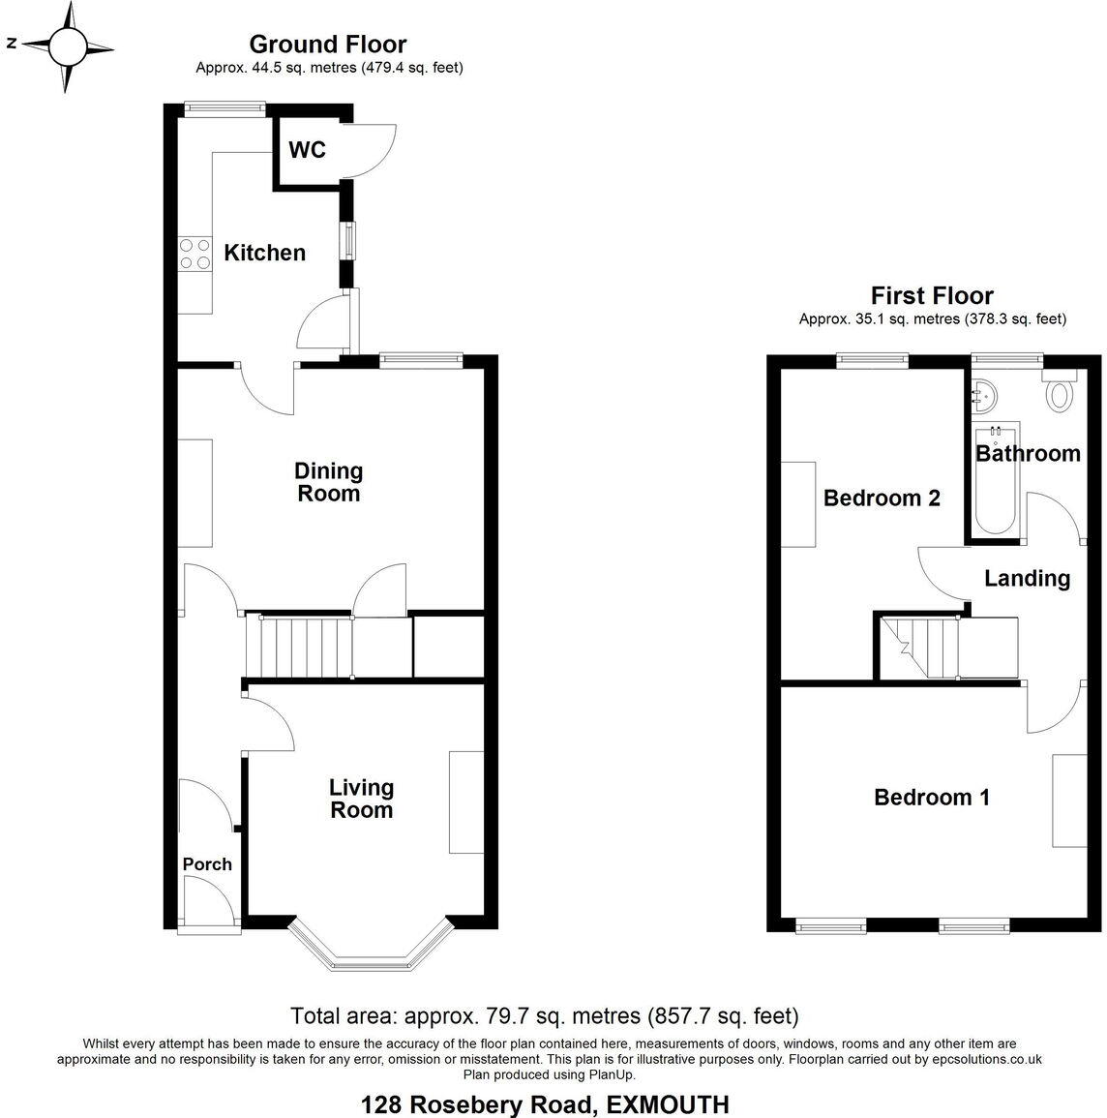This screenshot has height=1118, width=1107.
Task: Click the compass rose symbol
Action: click(67, 45)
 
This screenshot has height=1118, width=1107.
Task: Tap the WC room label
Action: click(307, 150)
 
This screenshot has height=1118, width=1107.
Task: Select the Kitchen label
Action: click(264, 253)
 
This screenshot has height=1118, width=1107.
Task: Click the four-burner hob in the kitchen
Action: click(195, 254)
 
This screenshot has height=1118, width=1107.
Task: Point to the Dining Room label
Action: click(328, 482)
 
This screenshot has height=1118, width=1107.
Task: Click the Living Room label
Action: click(361, 799)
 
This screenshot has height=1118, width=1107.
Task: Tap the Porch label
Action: click(207, 863)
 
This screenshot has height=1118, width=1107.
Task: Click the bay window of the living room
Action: click(371, 949)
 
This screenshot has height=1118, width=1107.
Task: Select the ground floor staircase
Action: click(298, 647)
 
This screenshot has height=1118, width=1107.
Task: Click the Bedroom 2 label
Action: click(881, 498)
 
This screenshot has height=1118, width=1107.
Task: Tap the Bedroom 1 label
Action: click(931, 797)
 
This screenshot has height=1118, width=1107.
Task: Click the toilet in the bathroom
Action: click(1062, 393)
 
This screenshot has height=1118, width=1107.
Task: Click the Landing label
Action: click(1026, 578)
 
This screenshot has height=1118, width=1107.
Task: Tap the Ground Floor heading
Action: click(327, 44)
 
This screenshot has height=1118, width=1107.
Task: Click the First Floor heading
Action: click(931, 295)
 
